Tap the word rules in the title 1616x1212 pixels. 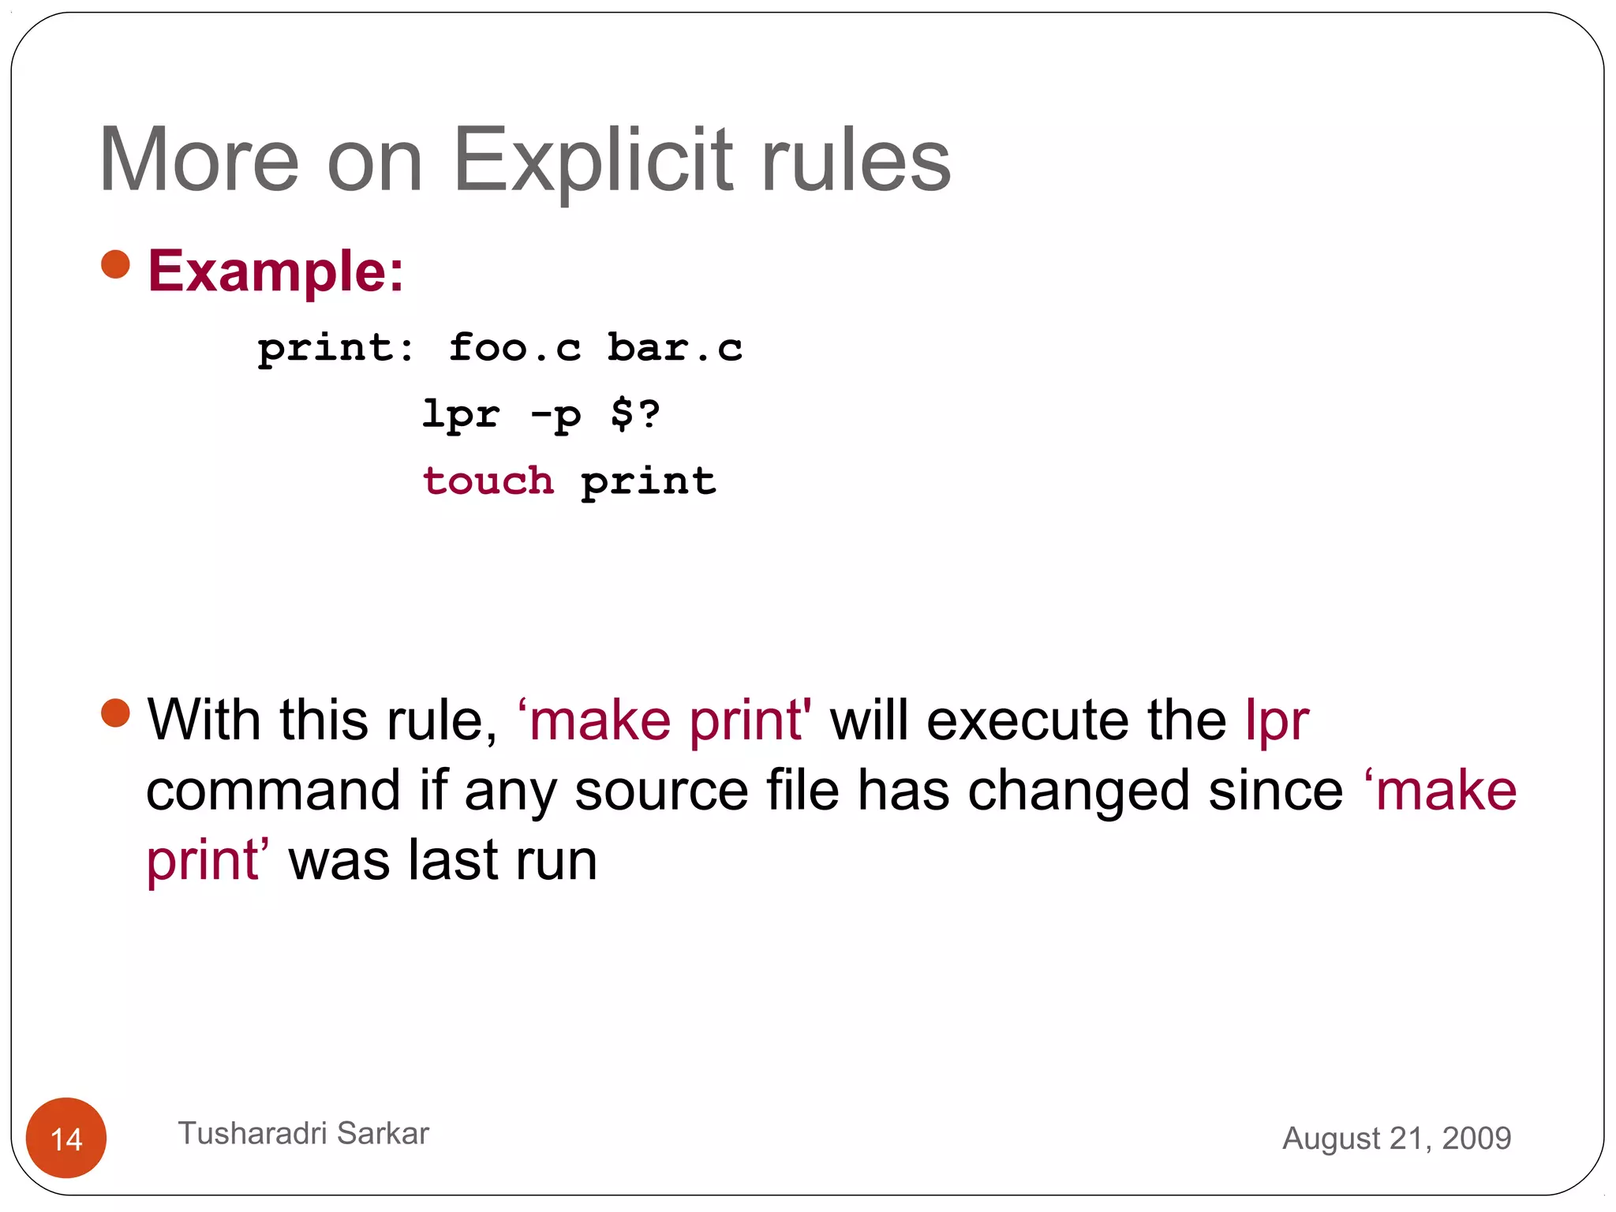click(x=855, y=161)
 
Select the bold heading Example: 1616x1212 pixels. click(x=276, y=271)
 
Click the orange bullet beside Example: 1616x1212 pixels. click(x=115, y=264)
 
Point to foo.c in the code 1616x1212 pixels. click(x=514, y=348)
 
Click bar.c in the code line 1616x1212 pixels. click(x=675, y=348)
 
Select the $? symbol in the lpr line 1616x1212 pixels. click(x=635, y=413)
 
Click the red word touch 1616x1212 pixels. click(x=488, y=481)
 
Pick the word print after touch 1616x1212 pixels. click(x=649, y=482)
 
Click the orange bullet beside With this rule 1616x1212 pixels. click(x=115, y=713)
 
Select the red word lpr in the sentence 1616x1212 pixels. click(x=1277, y=722)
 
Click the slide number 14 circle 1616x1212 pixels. click(x=66, y=1138)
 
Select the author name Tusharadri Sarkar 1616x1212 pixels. click(x=303, y=1133)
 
